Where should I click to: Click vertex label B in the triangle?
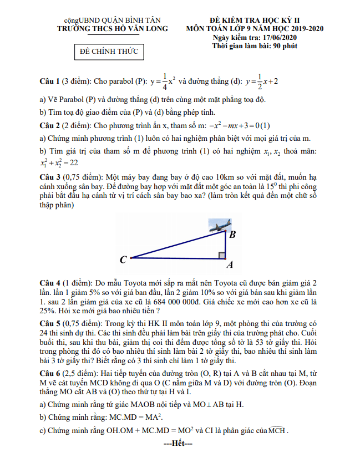232,235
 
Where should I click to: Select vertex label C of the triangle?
123,259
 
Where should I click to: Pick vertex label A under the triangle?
229,266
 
